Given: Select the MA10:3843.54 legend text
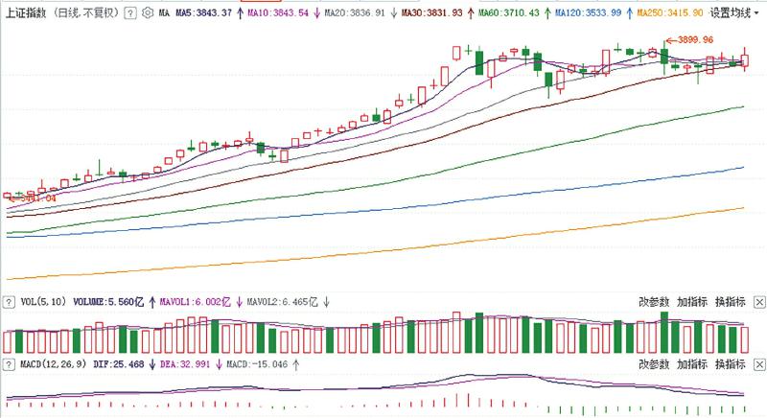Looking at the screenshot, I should [x=277, y=13].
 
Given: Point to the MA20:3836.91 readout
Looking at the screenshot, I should [x=352, y=13].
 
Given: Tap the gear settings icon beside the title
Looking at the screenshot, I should [x=145, y=13].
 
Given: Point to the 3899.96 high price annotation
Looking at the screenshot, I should [x=694, y=39].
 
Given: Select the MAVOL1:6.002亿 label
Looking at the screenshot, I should [x=191, y=301].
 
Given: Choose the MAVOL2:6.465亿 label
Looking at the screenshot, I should [x=282, y=301].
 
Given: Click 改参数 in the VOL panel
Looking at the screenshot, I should [x=655, y=301].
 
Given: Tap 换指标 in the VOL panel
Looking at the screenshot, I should [x=730, y=301].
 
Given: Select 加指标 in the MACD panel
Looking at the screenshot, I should [x=692, y=365].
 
